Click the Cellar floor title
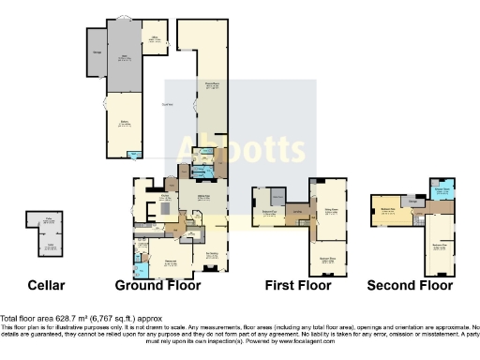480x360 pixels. click(x=46, y=284)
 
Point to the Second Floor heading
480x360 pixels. click(x=410, y=284)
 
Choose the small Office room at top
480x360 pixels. click(x=157, y=40)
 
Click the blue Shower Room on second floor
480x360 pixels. click(x=443, y=190)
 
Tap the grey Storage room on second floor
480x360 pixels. click(x=412, y=200)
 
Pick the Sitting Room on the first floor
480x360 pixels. click(x=329, y=211)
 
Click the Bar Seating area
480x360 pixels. click(x=213, y=253)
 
